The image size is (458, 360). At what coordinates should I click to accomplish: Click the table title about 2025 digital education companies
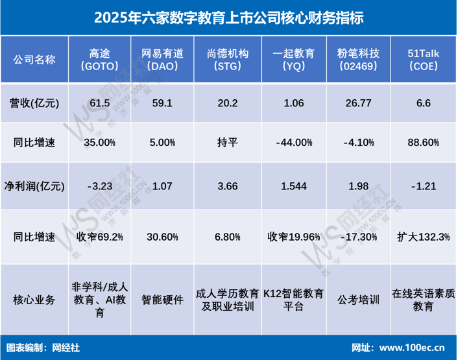pos(228,18)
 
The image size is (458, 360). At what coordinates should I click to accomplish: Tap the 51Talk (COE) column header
pos(423,60)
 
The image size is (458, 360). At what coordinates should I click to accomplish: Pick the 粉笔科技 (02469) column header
pos(359,60)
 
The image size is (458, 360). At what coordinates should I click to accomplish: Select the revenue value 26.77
pos(359,102)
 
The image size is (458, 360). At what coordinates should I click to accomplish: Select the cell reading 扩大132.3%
pos(423,237)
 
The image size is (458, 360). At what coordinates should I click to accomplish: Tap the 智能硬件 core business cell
pos(163,300)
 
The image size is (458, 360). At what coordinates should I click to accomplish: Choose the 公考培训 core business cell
pos(359,300)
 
